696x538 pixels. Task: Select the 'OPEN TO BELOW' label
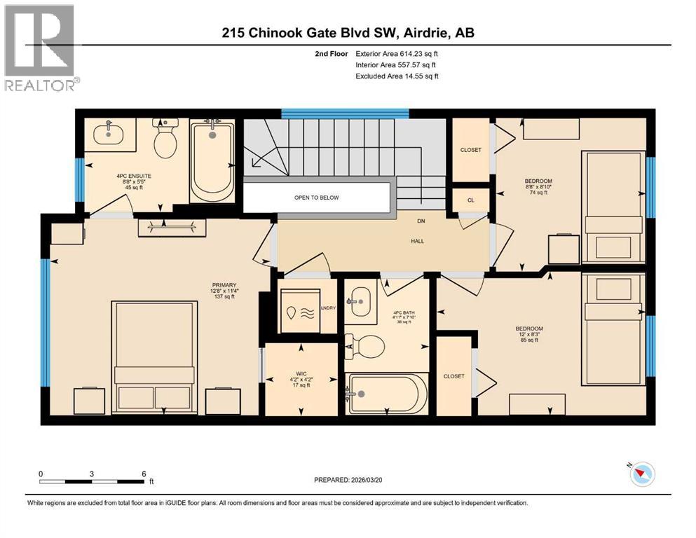pyautogui.click(x=316, y=198)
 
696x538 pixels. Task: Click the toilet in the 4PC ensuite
pyautogui.click(x=166, y=139)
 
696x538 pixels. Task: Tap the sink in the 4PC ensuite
pyautogui.click(x=110, y=132)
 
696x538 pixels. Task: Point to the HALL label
pyautogui.click(x=418, y=241)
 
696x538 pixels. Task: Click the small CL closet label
pyautogui.click(x=471, y=199)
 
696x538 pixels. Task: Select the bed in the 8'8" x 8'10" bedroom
pyautogui.click(x=614, y=207)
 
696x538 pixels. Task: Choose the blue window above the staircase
pyautogui.click(x=345, y=113)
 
